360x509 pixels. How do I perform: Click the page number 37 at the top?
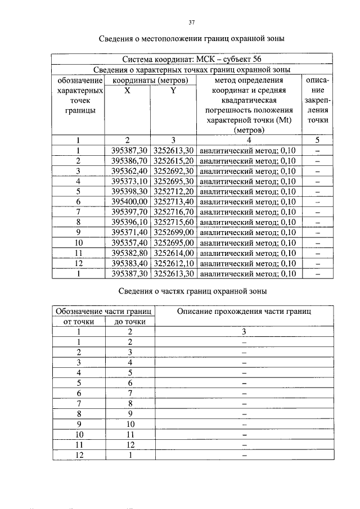[191, 22]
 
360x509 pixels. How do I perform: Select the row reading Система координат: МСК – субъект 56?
[191, 60]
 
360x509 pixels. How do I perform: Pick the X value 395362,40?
[129, 171]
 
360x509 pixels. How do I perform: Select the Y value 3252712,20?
[173, 191]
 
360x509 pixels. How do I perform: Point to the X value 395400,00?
[129, 201]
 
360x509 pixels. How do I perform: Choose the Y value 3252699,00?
[173, 232]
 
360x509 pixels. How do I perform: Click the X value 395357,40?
[129, 242]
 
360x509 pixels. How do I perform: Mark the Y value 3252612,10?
[173, 263]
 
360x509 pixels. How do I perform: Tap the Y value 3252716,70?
[173, 212]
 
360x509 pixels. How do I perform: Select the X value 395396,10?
[129, 222]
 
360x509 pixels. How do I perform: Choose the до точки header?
[130, 322]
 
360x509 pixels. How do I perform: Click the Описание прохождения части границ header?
[244, 311]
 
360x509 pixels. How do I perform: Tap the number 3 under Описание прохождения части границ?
[244, 332]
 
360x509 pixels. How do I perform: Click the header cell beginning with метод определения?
[249, 105]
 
